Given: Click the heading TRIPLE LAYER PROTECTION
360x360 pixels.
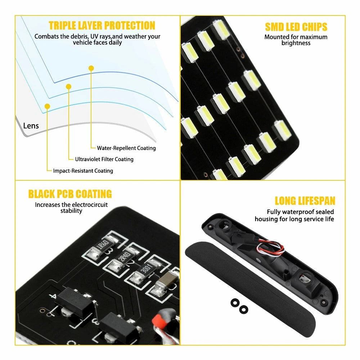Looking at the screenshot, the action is (x=102, y=26).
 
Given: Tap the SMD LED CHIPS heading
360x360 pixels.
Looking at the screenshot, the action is (x=296, y=27).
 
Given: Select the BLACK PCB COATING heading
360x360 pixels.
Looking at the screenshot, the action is (x=70, y=194).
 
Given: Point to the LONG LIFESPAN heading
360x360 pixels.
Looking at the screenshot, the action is (x=305, y=201).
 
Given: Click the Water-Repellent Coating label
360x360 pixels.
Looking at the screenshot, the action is (x=126, y=148).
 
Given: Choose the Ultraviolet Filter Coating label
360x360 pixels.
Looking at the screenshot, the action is (x=104, y=159).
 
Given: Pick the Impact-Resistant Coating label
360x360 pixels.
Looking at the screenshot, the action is (x=83, y=171).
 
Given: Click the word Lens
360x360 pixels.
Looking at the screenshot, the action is (x=31, y=126).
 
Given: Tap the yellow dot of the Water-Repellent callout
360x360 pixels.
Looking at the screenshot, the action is (x=91, y=68).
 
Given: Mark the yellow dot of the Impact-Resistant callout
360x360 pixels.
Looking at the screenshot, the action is (x=47, y=106).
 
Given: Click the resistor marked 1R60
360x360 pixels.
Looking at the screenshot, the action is (x=103, y=247).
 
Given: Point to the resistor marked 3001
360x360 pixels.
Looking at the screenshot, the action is (x=145, y=270).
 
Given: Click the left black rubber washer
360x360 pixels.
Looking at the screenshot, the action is (x=235, y=303).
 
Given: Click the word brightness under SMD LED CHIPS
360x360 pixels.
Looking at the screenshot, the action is (x=296, y=43).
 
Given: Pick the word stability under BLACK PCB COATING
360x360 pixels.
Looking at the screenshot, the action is (x=71, y=211).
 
